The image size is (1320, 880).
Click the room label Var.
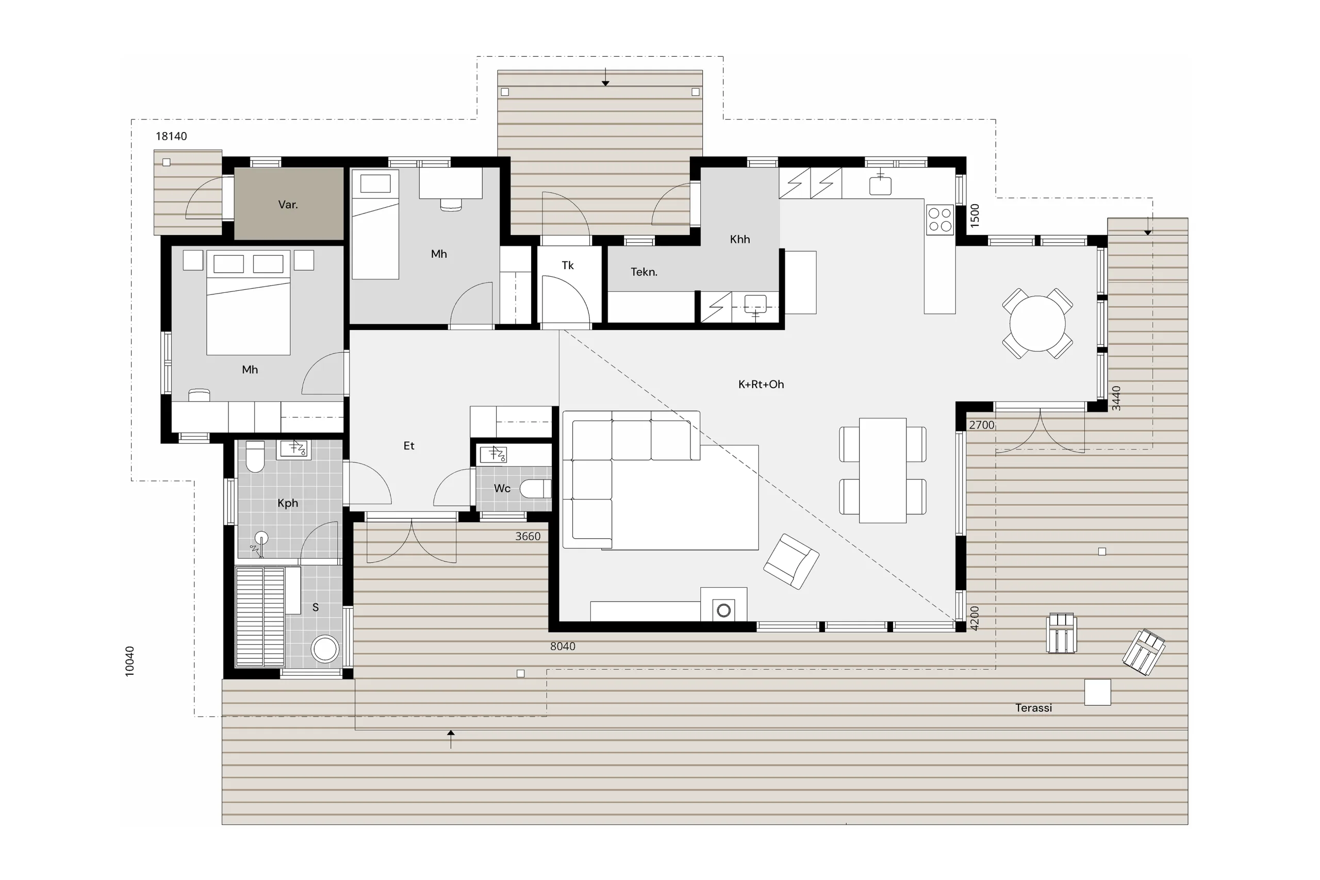coord(288,205)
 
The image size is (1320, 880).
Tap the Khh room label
coord(740,239)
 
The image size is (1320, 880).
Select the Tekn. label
coord(643,272)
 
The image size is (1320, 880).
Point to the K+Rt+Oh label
coord(761,385)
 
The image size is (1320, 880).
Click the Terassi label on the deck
coord(1033,708)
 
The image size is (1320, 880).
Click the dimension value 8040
coord(563,646)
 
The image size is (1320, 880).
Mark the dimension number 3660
coord(527,537)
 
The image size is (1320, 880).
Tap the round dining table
coord(1037,324)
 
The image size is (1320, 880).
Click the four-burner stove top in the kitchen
coord(939,220)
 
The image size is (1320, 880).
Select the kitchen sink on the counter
coord(880,184)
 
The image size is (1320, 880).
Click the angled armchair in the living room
coord(791,561)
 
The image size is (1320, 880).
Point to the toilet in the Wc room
coord(535,489)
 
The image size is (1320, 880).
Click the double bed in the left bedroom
coord(248,303)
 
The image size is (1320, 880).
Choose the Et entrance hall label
coord(408,446)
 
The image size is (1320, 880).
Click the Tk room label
coord(567,265)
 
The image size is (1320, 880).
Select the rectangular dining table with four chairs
coord(883,470)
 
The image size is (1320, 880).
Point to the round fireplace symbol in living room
coord(724,610)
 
